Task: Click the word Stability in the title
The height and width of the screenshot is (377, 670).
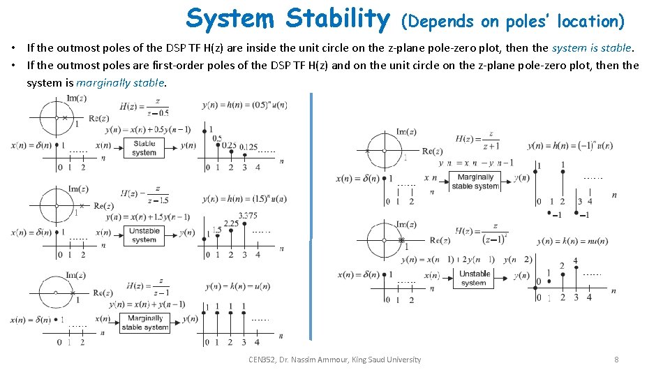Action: (x=338, y=19)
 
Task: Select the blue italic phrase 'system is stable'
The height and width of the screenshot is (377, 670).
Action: (x=591, y=48)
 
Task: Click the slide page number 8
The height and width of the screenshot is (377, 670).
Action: (x=616, y=360)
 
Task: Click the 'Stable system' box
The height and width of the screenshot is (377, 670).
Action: (x=144, y=147)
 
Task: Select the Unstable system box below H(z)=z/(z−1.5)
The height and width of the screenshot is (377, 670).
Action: (x=144, y=235)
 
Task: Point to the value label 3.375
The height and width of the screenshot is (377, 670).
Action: (x=247, y=216)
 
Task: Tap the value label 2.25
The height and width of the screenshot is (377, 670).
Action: (x=231, y=223)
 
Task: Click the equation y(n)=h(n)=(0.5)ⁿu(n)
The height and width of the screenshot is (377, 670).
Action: (x=244, y=105)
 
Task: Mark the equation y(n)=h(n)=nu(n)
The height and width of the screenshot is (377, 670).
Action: (x=572, y=242)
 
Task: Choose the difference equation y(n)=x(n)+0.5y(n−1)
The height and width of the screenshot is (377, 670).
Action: (x=148, y=130)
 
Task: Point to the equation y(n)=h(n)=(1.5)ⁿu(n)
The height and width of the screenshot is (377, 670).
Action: (x=244, y=199)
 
